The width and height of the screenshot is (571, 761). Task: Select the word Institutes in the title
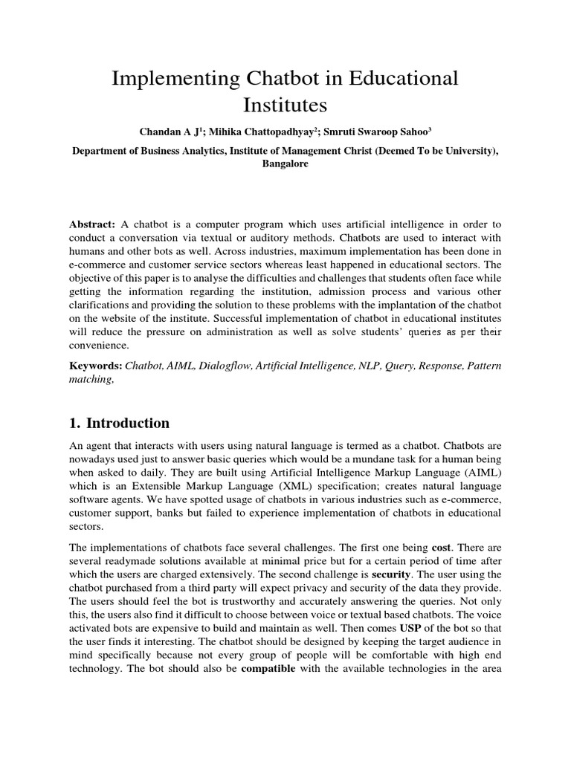coord(285,104)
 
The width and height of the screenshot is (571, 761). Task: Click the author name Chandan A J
coord(170,132)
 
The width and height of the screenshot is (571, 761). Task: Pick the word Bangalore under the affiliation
coord(285,164)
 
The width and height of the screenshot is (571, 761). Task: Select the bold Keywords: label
coord(96,366)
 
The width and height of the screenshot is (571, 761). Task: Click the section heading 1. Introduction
coord(119,424)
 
